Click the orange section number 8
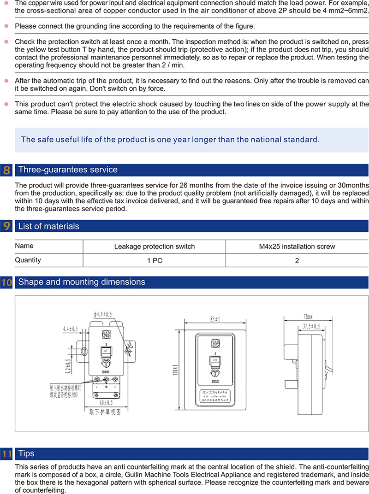coord(6,170)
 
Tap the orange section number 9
coord(6,227)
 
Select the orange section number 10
coord(6,282)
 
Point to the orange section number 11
coord(6,454)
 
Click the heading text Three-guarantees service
coord(68,170)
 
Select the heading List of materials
coord(48,227)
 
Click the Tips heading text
coord(26,454)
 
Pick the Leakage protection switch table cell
coord(155,247)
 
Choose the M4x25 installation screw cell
coord(297,247)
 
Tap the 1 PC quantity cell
coord(155,260)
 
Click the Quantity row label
coord(28,260)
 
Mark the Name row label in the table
coord(24,246)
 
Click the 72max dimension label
coord(308,317)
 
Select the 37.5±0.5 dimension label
coord(311,326)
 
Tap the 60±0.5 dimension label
coord(105,403)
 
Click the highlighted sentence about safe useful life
coord(170,139)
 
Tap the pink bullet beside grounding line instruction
coord(6,26)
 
